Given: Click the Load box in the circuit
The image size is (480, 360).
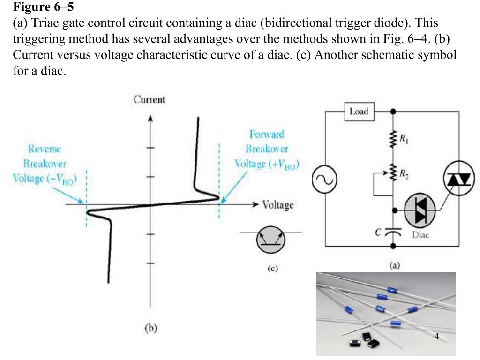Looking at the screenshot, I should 359,112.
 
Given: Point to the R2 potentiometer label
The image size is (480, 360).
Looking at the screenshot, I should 403,172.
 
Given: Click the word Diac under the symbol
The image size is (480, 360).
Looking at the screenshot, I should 420,235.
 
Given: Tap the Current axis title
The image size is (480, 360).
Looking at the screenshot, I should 150,99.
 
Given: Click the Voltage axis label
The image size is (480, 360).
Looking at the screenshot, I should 278,205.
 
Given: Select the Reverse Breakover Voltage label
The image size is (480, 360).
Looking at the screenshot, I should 45,164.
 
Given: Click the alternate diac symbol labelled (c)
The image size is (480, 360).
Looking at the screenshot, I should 270,240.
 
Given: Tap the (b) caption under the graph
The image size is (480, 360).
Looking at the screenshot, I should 150,329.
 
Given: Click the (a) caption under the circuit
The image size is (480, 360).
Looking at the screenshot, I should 395,265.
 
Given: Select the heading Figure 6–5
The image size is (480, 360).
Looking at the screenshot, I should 43,7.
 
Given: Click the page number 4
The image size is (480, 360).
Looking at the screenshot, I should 436,336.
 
